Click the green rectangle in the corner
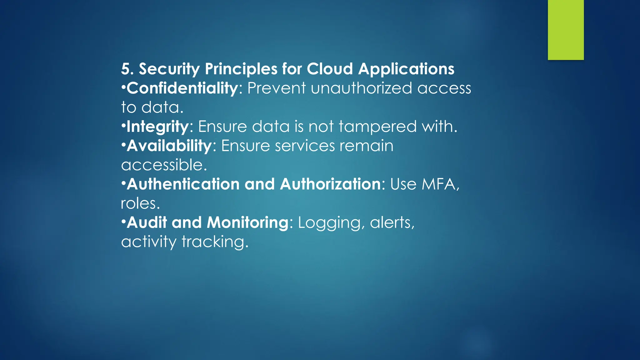click(566, 30)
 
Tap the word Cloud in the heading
click(330, 69)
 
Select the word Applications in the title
click(406, 69)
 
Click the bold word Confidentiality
click(182, 88)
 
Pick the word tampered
click(377, 127)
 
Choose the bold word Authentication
click(183, 184)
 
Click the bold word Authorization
click(330, 184)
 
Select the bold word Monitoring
click(247, 222)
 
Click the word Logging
click(331, 223)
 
